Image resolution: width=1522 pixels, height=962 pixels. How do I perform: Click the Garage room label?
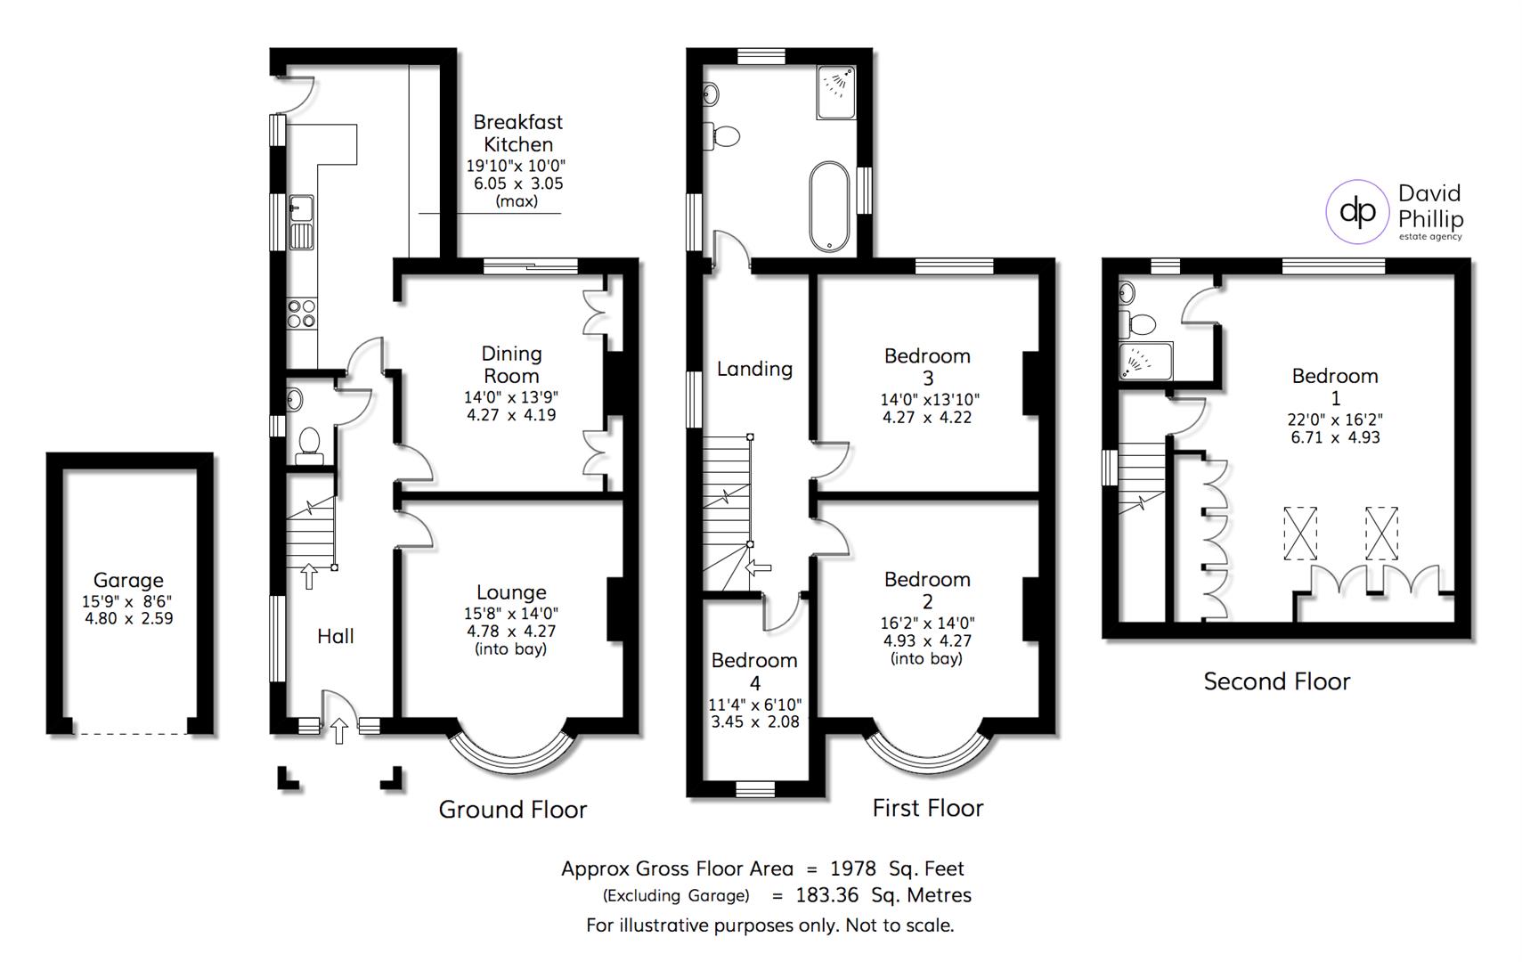click(x=128, y=580)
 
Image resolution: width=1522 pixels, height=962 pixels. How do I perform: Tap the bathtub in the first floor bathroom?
click(x=829, y=207)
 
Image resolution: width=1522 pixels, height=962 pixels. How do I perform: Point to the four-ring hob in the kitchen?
click(x=302, y=313)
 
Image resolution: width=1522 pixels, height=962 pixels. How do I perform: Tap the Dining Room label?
click(x=511, y=364)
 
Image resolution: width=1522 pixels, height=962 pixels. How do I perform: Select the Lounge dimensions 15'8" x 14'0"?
click(x=511, y=613)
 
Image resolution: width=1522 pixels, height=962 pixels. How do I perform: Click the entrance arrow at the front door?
click(x=338, y=731)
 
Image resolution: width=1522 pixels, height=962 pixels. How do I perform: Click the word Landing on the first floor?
click(x=754, y=369)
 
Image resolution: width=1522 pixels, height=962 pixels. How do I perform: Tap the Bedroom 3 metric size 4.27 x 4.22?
click(x=926, y=417)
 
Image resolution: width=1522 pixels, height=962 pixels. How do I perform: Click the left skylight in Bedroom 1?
click(x=1300, y=534)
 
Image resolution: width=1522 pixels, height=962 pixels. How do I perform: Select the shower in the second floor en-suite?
click(x=1144, y=361)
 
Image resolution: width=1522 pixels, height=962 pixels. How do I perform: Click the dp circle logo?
click(x=1358, y=211)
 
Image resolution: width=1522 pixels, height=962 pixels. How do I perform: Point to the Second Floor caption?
click(x=1276, y=681)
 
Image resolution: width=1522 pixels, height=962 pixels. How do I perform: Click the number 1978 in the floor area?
click(x=852, y=868)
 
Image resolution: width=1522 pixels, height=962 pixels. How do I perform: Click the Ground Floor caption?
click(x=512, y=810)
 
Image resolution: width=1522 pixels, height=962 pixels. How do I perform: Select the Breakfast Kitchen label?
click(x=517, y=133)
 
